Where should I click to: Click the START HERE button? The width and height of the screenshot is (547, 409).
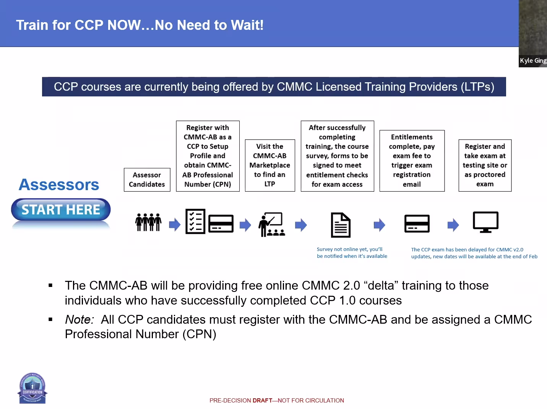(61, 210)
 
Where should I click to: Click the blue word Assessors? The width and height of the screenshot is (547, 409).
(59, 185)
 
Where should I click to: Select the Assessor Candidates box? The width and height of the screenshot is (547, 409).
(147, 179)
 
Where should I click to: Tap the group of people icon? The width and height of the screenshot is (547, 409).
(148, 222)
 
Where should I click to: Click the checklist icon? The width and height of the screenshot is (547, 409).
(195, 221)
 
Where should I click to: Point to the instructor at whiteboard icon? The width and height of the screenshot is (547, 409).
(271, 225)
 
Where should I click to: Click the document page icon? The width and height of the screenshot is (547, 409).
(340, 225)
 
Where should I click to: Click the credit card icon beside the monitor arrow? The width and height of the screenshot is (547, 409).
(417, 224)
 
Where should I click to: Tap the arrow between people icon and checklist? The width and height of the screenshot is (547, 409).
(175, 225)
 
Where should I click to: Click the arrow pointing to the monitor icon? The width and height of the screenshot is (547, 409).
(453, 225)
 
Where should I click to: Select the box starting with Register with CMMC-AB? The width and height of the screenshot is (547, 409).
(208, 156)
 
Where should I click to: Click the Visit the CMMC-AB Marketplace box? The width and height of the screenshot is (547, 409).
(270, 165)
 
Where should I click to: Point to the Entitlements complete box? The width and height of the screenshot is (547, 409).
(412, 161)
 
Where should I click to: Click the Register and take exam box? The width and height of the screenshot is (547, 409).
(485, 165)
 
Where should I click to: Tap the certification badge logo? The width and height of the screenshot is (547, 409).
(32, 388)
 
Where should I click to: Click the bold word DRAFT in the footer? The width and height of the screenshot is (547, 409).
(262, 401)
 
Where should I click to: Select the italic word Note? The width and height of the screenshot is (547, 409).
(79, 319)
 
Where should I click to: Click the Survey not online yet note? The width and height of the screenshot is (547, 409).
(352, 253)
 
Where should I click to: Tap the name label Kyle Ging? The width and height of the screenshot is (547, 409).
(533, 60)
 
